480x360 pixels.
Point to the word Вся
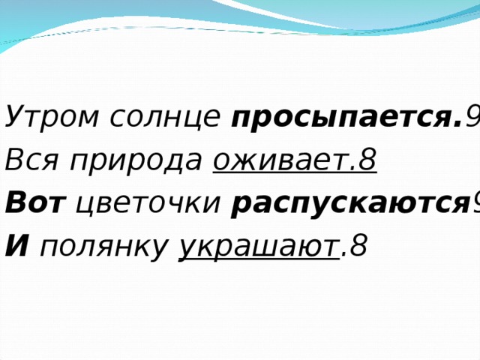click(x=28, y=160)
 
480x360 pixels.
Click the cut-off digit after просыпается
click(x=473, y=118)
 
